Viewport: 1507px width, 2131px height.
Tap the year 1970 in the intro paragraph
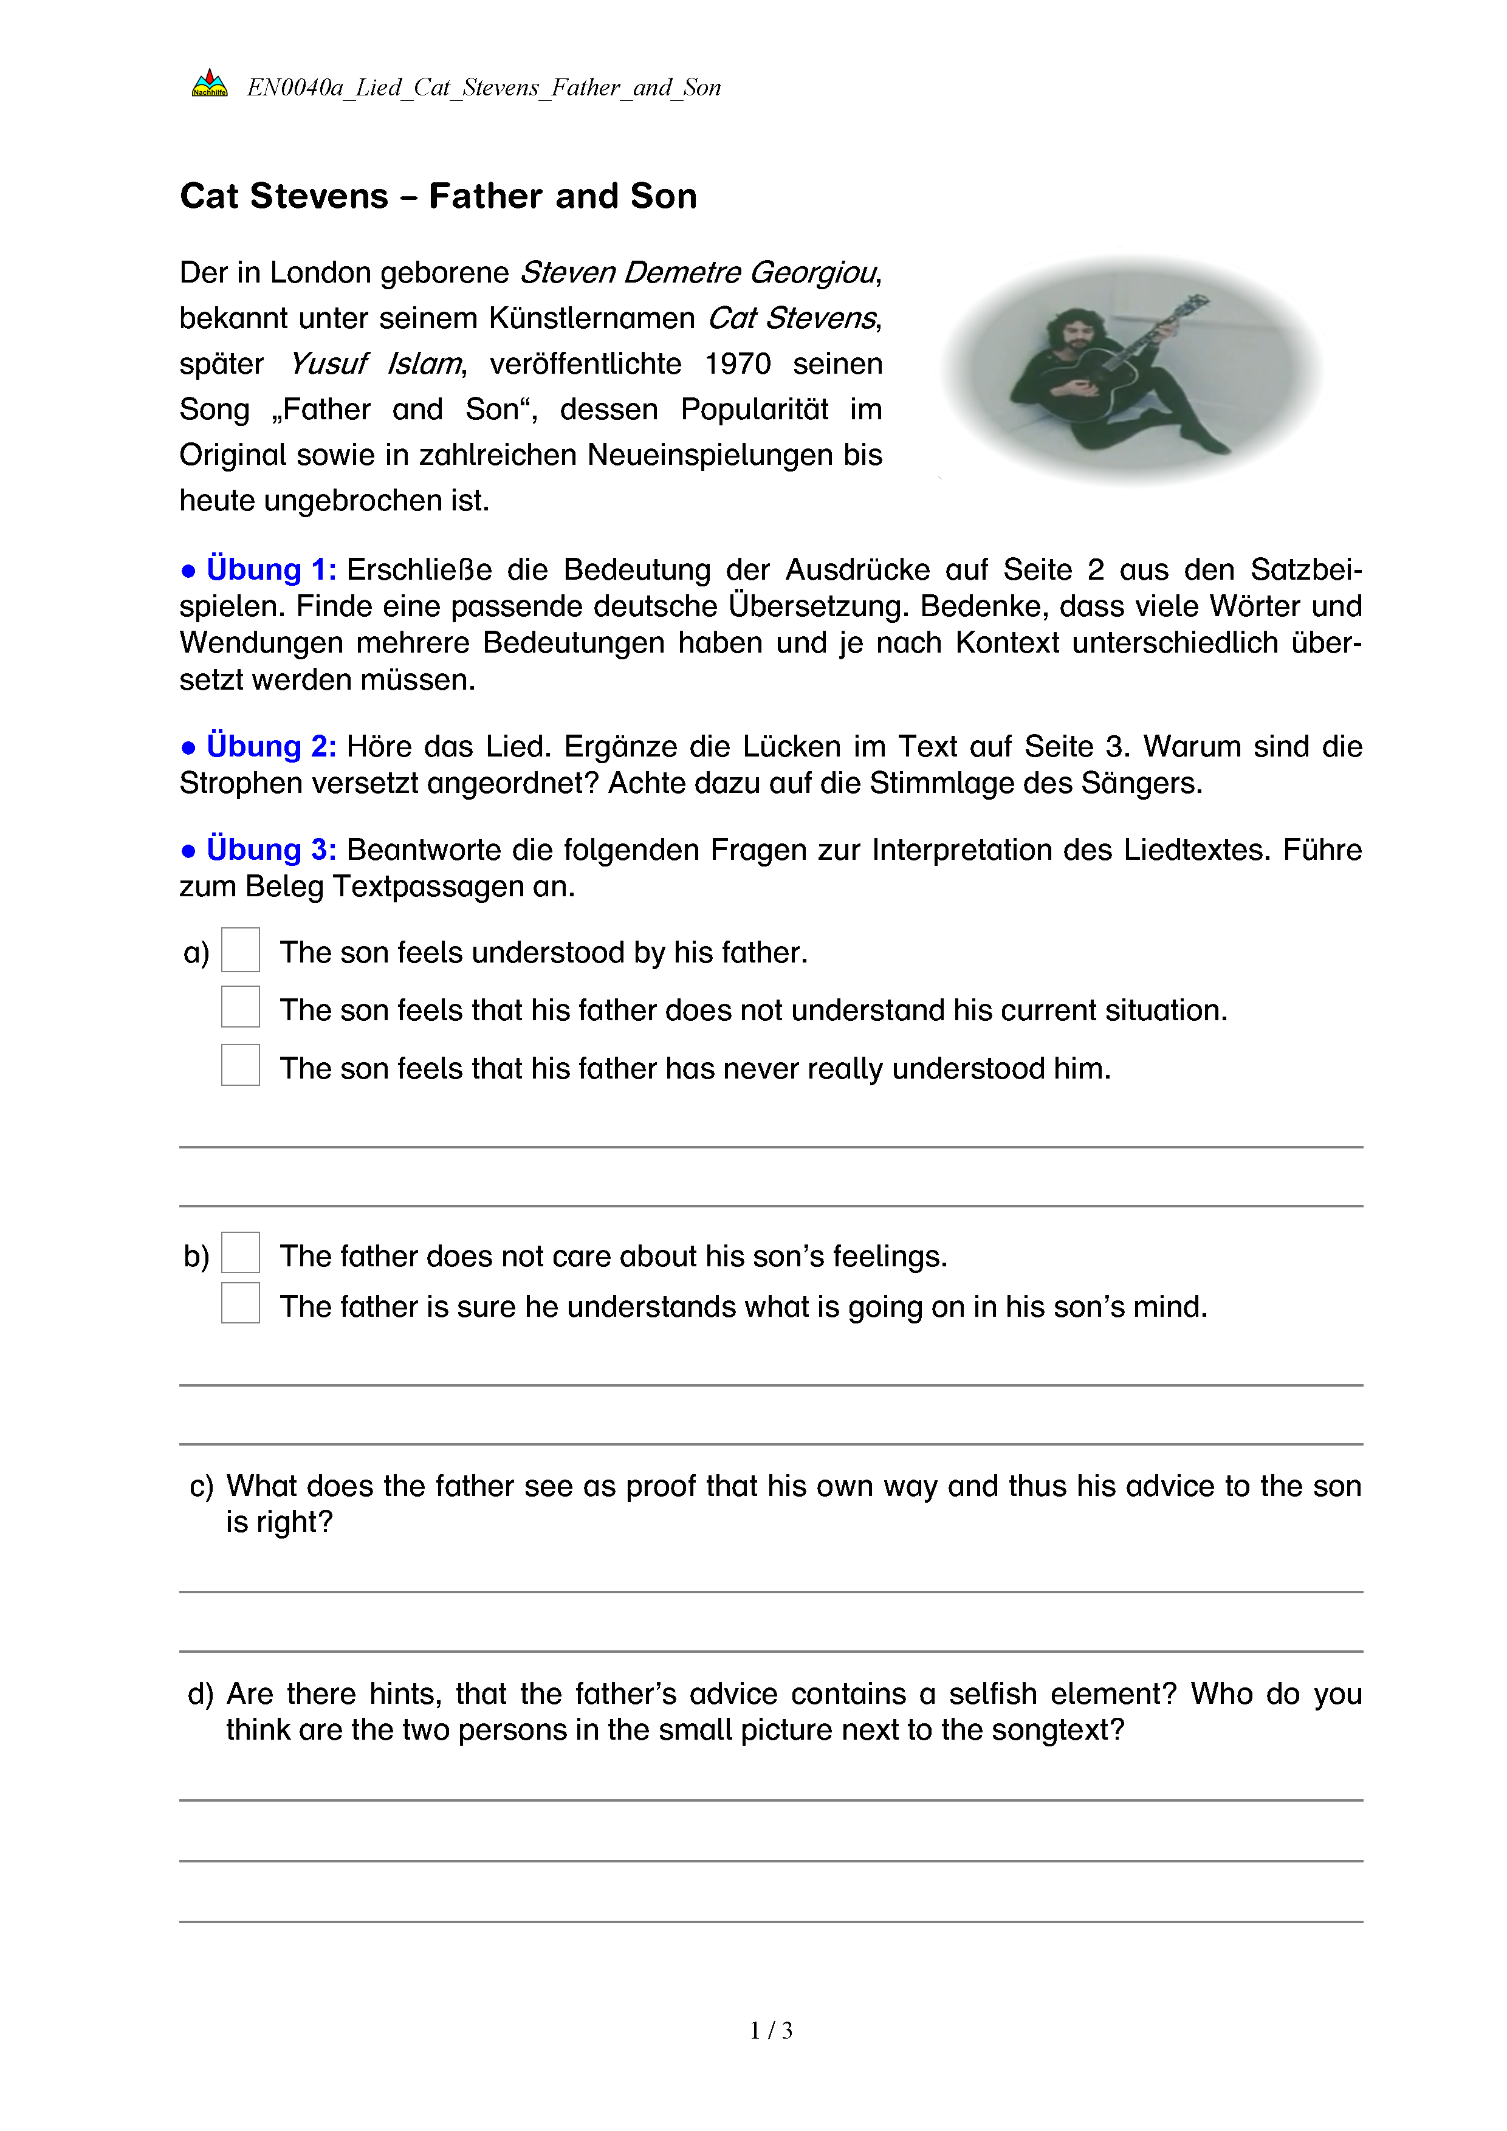click(737, 364)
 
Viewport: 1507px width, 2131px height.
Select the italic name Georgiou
click(813, 273)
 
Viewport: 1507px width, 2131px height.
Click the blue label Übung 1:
click(271, 569)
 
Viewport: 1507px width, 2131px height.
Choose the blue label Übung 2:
click(271, 746)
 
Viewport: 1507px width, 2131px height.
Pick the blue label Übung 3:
click(271, 849)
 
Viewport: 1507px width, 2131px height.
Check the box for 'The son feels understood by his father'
click(241, 950)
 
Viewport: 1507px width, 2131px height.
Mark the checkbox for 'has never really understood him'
click(241, 1066)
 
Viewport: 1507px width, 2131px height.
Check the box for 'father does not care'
click(241, 1253)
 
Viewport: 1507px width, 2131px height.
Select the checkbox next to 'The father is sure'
click(241, 1303)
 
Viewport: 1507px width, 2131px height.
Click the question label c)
click(201, 1486)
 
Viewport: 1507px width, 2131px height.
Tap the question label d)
click(201, 1694)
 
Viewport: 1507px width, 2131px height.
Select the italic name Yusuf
click(329, 364)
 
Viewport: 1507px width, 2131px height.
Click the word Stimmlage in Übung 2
click(941, 783)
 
